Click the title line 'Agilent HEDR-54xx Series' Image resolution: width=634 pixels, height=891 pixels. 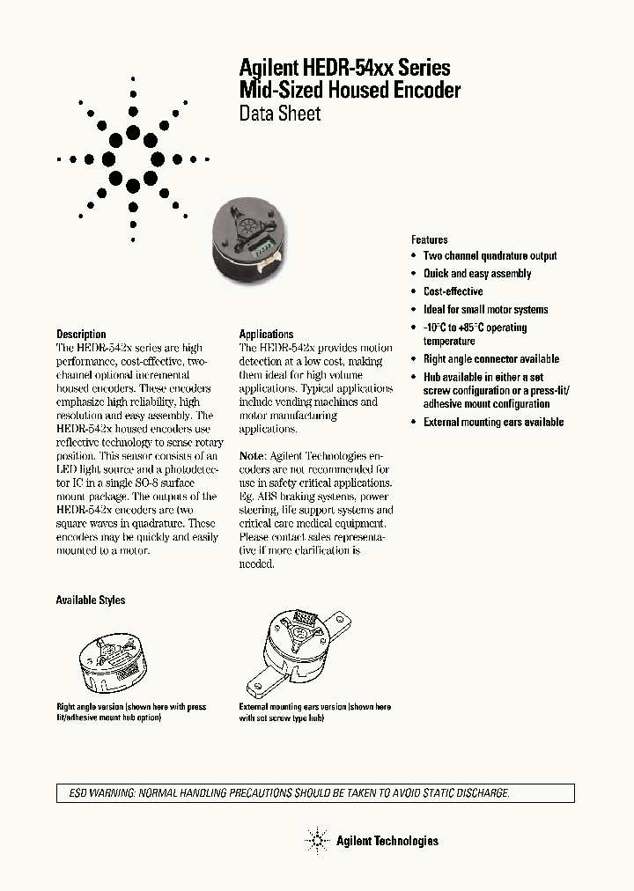coord(345,68)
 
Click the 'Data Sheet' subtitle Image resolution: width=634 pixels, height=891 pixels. coord(280,114)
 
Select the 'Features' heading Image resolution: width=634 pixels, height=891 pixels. coord(430,239)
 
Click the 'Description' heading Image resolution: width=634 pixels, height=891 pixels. coord(81,335)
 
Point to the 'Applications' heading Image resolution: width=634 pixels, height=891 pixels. coord(266,335)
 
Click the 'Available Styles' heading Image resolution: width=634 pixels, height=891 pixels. coord(91,600)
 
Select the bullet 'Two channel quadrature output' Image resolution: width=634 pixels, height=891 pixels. coord(490,256)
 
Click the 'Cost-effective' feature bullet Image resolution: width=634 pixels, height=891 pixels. coord(453,291)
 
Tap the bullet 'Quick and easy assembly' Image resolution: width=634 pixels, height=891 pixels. coord(477,274)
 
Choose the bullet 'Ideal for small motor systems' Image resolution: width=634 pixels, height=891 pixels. coord(485,310)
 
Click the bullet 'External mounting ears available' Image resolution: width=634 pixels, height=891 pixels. coord(493,423)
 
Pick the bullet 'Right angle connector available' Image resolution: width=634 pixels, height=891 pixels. coord(491,359)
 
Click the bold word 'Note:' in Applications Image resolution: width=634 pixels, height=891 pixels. coord(253,456)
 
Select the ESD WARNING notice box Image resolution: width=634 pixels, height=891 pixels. coord(315,793)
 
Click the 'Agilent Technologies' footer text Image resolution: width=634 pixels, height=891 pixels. coord(387,841)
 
